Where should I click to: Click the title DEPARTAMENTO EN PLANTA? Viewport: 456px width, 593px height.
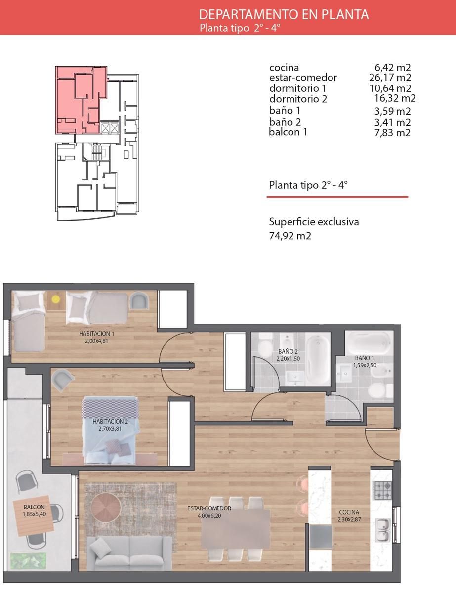point(284,15)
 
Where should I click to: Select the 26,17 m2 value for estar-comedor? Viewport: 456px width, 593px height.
point(390,78)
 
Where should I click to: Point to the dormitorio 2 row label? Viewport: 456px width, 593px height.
point(298,99)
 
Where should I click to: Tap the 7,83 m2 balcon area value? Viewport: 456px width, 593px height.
point(392,133)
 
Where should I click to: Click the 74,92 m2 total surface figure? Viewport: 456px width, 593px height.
point(290,236)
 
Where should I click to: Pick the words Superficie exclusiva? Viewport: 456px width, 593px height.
point(314,222)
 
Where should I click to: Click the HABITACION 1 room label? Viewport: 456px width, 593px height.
point(96,334)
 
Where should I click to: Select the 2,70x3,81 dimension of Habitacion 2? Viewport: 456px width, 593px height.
point(110,429)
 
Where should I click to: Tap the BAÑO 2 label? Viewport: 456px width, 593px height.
point(288,351)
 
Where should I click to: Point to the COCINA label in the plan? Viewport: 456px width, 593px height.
point(349,512)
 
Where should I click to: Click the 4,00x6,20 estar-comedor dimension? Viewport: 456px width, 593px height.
point(209,516)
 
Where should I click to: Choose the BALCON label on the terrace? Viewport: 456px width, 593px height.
point(34,507)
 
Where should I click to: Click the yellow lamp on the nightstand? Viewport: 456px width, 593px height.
point(56,299)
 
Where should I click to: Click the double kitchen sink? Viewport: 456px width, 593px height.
point(383,530)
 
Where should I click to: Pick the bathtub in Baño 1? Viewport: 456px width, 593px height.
point(369,342)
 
